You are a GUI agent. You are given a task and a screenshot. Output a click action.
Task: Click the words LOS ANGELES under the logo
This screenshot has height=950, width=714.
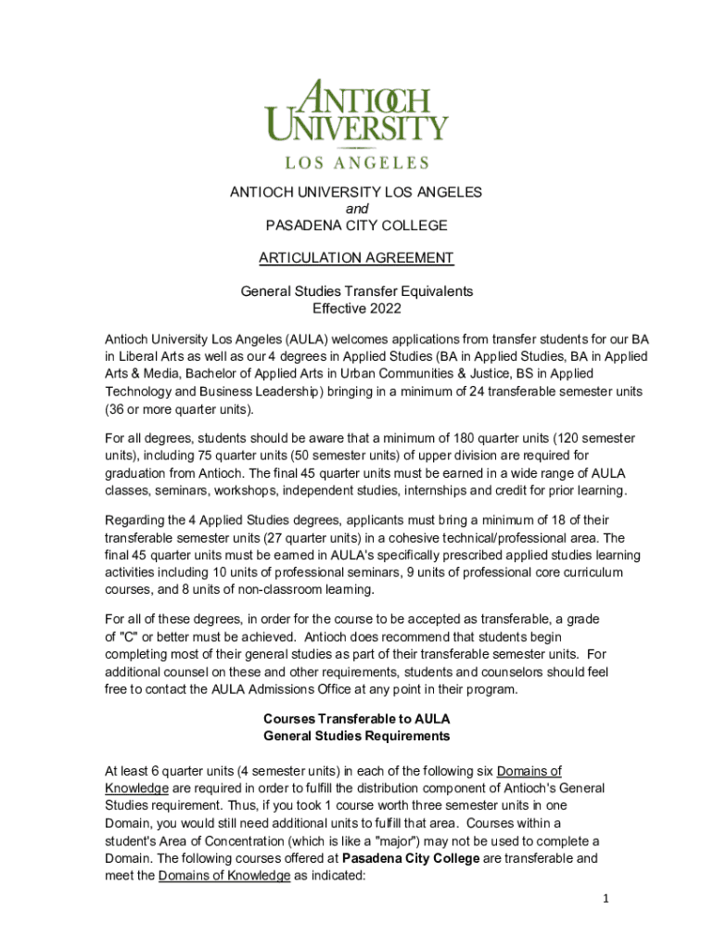356,162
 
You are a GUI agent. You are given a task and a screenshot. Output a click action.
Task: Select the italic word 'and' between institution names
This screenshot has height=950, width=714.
356,209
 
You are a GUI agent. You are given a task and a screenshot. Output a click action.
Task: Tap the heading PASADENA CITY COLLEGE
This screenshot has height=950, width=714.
356,225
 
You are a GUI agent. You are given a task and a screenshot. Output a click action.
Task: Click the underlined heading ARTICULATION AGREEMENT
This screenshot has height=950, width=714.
356,257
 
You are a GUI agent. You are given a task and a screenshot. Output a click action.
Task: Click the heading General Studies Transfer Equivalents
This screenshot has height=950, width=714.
356,291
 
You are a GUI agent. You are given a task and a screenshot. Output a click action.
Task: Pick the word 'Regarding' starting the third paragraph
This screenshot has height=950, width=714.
135,520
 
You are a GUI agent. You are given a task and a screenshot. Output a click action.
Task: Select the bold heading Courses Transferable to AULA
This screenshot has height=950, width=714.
356,719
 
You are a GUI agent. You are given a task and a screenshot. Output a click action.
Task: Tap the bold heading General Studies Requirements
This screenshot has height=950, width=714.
356,736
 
